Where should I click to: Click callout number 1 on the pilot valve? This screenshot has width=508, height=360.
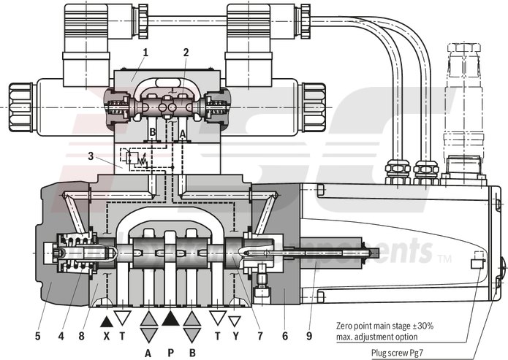coord(145,53)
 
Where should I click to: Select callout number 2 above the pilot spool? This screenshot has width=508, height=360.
coord(186,53)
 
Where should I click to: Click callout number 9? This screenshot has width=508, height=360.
coord(309,317)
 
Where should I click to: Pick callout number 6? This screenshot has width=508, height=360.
coord(285,317)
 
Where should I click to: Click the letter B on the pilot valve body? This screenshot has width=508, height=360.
coord(153,133)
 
